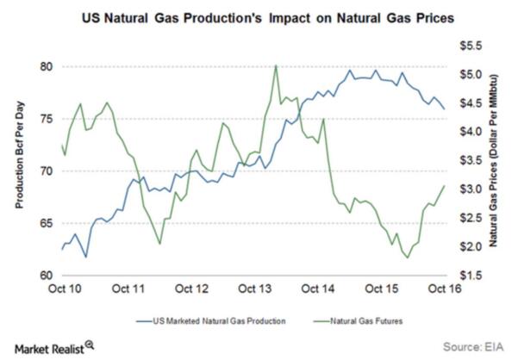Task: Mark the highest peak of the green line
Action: [x=275, y=65]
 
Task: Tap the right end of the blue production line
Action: [x=445, y=109]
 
